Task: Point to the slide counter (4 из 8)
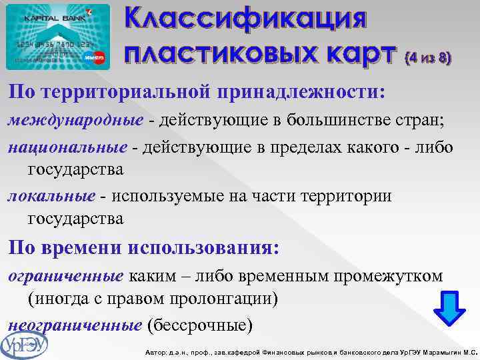coord(427,58)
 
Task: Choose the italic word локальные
coord(51,196)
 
